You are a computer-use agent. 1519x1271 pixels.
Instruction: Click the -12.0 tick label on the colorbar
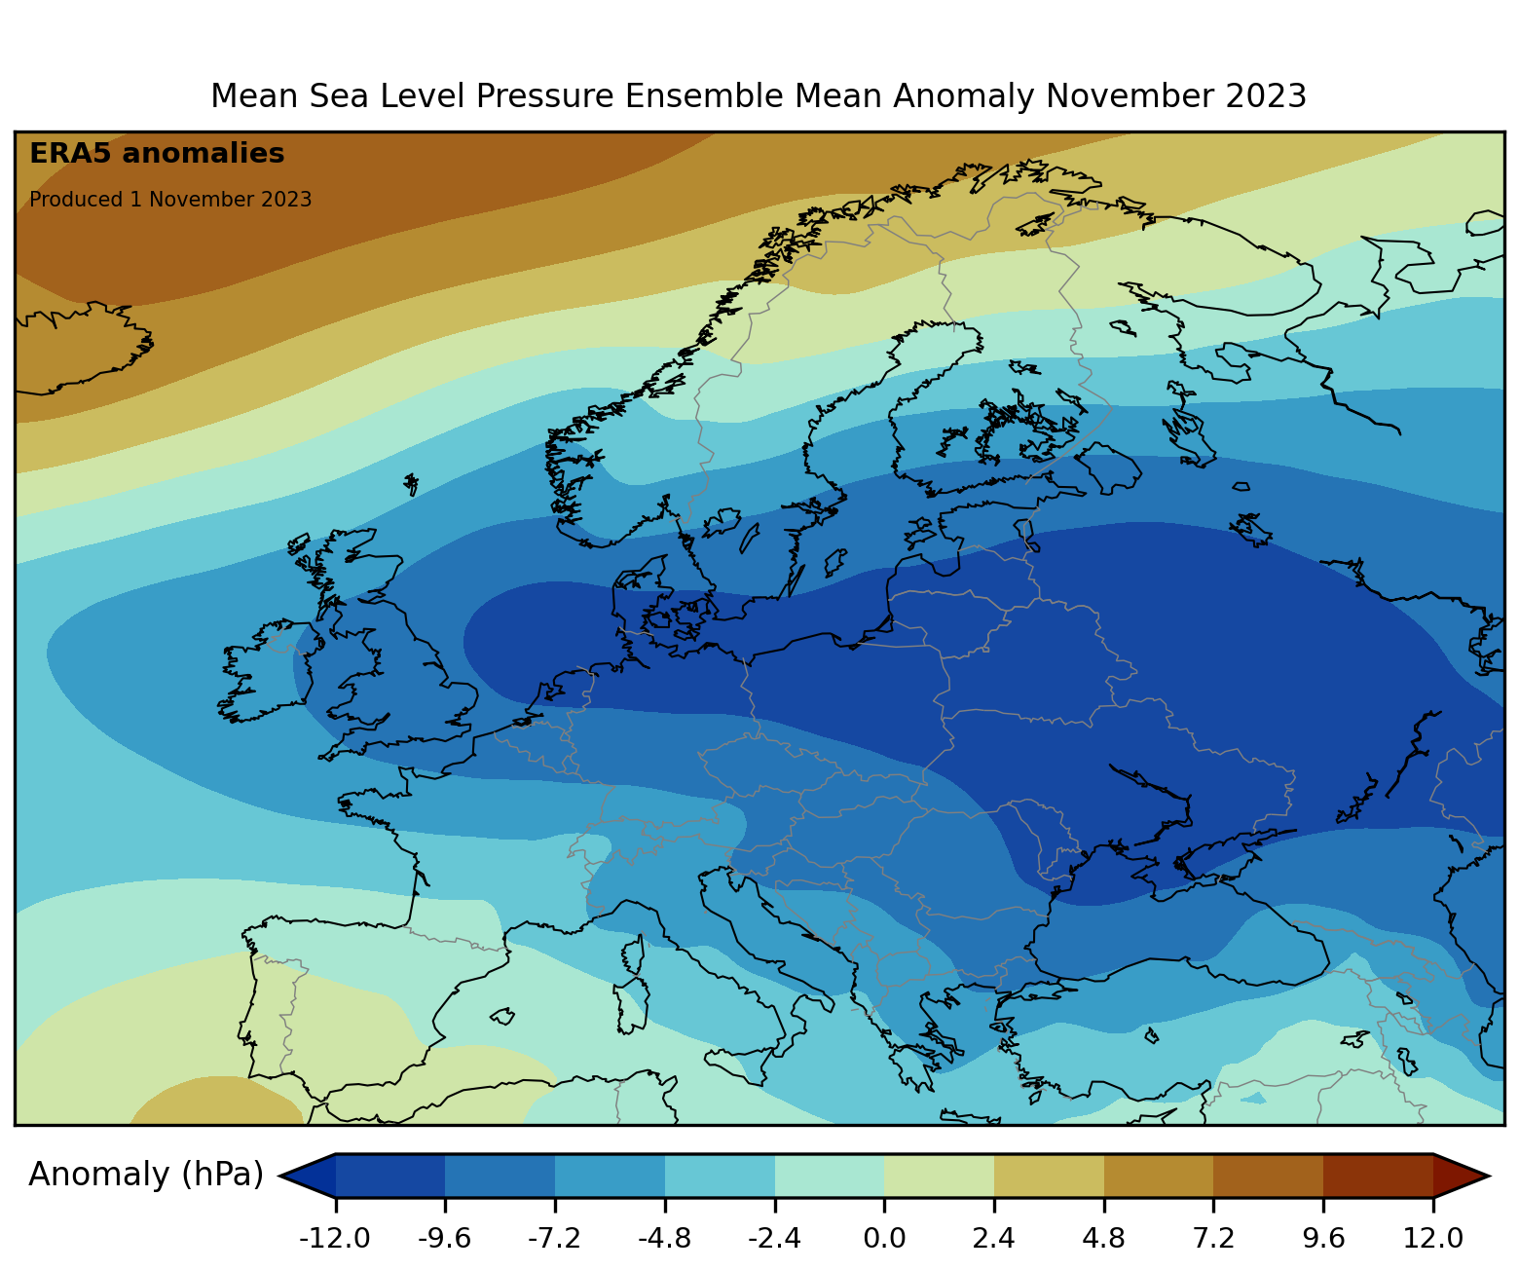tap(336, 1238)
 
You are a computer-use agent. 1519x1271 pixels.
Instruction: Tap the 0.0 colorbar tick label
tap(884, 1238)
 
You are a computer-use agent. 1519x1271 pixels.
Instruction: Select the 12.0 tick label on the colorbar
tap(1433, 1238)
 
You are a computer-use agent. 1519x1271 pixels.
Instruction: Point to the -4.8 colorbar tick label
tap(665, 1238)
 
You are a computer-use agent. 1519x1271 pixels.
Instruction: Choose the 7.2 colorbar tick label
tap(1213, 1238)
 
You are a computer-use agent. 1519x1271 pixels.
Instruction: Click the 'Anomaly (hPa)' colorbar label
tap(146, 1175)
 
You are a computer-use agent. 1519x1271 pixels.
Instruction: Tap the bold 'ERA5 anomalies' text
tap(157, 154)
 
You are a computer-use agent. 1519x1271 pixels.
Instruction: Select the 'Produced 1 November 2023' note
tap(170, 200)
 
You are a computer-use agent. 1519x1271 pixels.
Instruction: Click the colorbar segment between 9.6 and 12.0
tap(1378, 1176)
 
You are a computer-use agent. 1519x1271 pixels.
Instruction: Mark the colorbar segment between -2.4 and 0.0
tap(830, 1176)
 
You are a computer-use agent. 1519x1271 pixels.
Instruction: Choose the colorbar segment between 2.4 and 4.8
tap(1049, 1176)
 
